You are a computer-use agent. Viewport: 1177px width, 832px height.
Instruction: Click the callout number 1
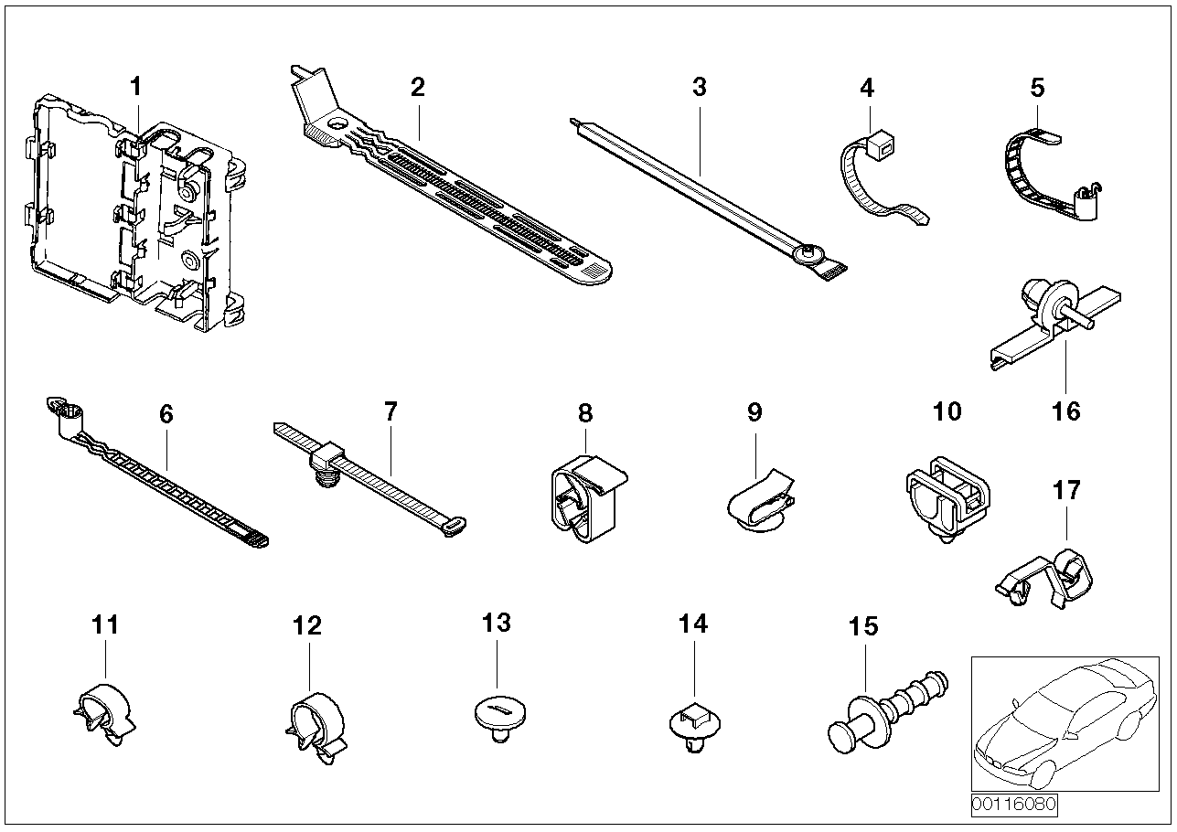(135, 88)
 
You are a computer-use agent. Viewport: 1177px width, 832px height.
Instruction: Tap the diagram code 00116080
(1013, 805)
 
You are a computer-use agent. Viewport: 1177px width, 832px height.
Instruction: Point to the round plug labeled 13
(498, 717)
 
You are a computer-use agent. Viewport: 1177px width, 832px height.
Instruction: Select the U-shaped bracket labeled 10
(947, 498)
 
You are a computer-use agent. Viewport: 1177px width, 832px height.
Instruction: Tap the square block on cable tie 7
(330, 454)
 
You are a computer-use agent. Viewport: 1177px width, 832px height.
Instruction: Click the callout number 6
(166, 414)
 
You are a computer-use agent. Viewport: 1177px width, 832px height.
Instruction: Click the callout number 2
(418, 88)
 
